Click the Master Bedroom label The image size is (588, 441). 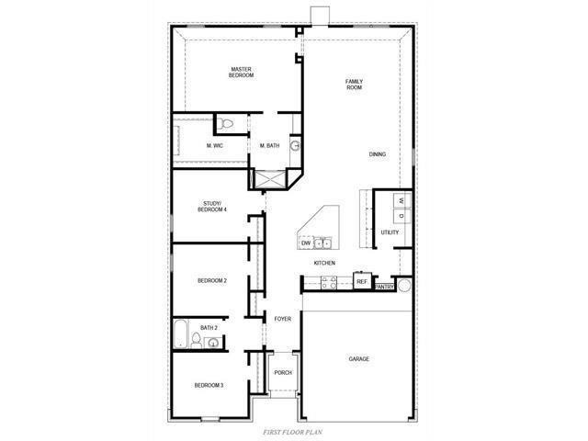coord(242,72)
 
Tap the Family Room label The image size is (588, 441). coord(354,85)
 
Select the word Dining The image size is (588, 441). coord(378,154)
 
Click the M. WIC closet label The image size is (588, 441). coord(215,146)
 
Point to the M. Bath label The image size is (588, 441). coord(269,146)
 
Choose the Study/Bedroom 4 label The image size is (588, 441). coord(212,207)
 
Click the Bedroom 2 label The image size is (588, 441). coord(212,280)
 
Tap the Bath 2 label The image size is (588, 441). coord(209,327)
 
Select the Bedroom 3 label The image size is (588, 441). coord(209,385)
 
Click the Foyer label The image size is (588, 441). coord(282,319)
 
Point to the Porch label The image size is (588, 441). coord(282,372)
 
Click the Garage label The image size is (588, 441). coord(358,358)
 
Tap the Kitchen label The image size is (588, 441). coord(324,263)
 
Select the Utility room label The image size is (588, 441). coord(390,232)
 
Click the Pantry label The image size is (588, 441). coord(384,287)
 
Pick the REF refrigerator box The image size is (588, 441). coord(361,281)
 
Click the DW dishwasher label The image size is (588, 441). coord(306,243)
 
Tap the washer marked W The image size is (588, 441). coord(401,200)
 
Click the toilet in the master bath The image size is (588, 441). coord(228,122)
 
